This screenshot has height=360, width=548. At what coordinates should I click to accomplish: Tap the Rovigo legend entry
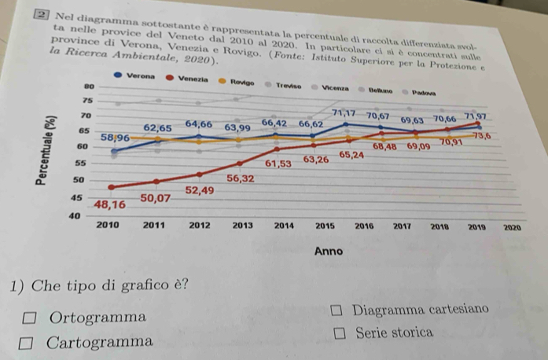point(239,81)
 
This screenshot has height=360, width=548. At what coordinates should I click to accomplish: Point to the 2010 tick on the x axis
point(107,224)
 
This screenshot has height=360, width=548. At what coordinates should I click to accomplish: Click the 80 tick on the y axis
point(89,84)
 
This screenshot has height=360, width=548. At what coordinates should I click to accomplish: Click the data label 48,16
point(110,204)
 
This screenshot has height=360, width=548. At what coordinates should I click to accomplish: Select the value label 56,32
point(241,179)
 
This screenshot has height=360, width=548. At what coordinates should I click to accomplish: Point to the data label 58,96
point(116,138)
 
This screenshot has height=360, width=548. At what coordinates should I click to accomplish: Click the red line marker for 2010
point(111,187)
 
